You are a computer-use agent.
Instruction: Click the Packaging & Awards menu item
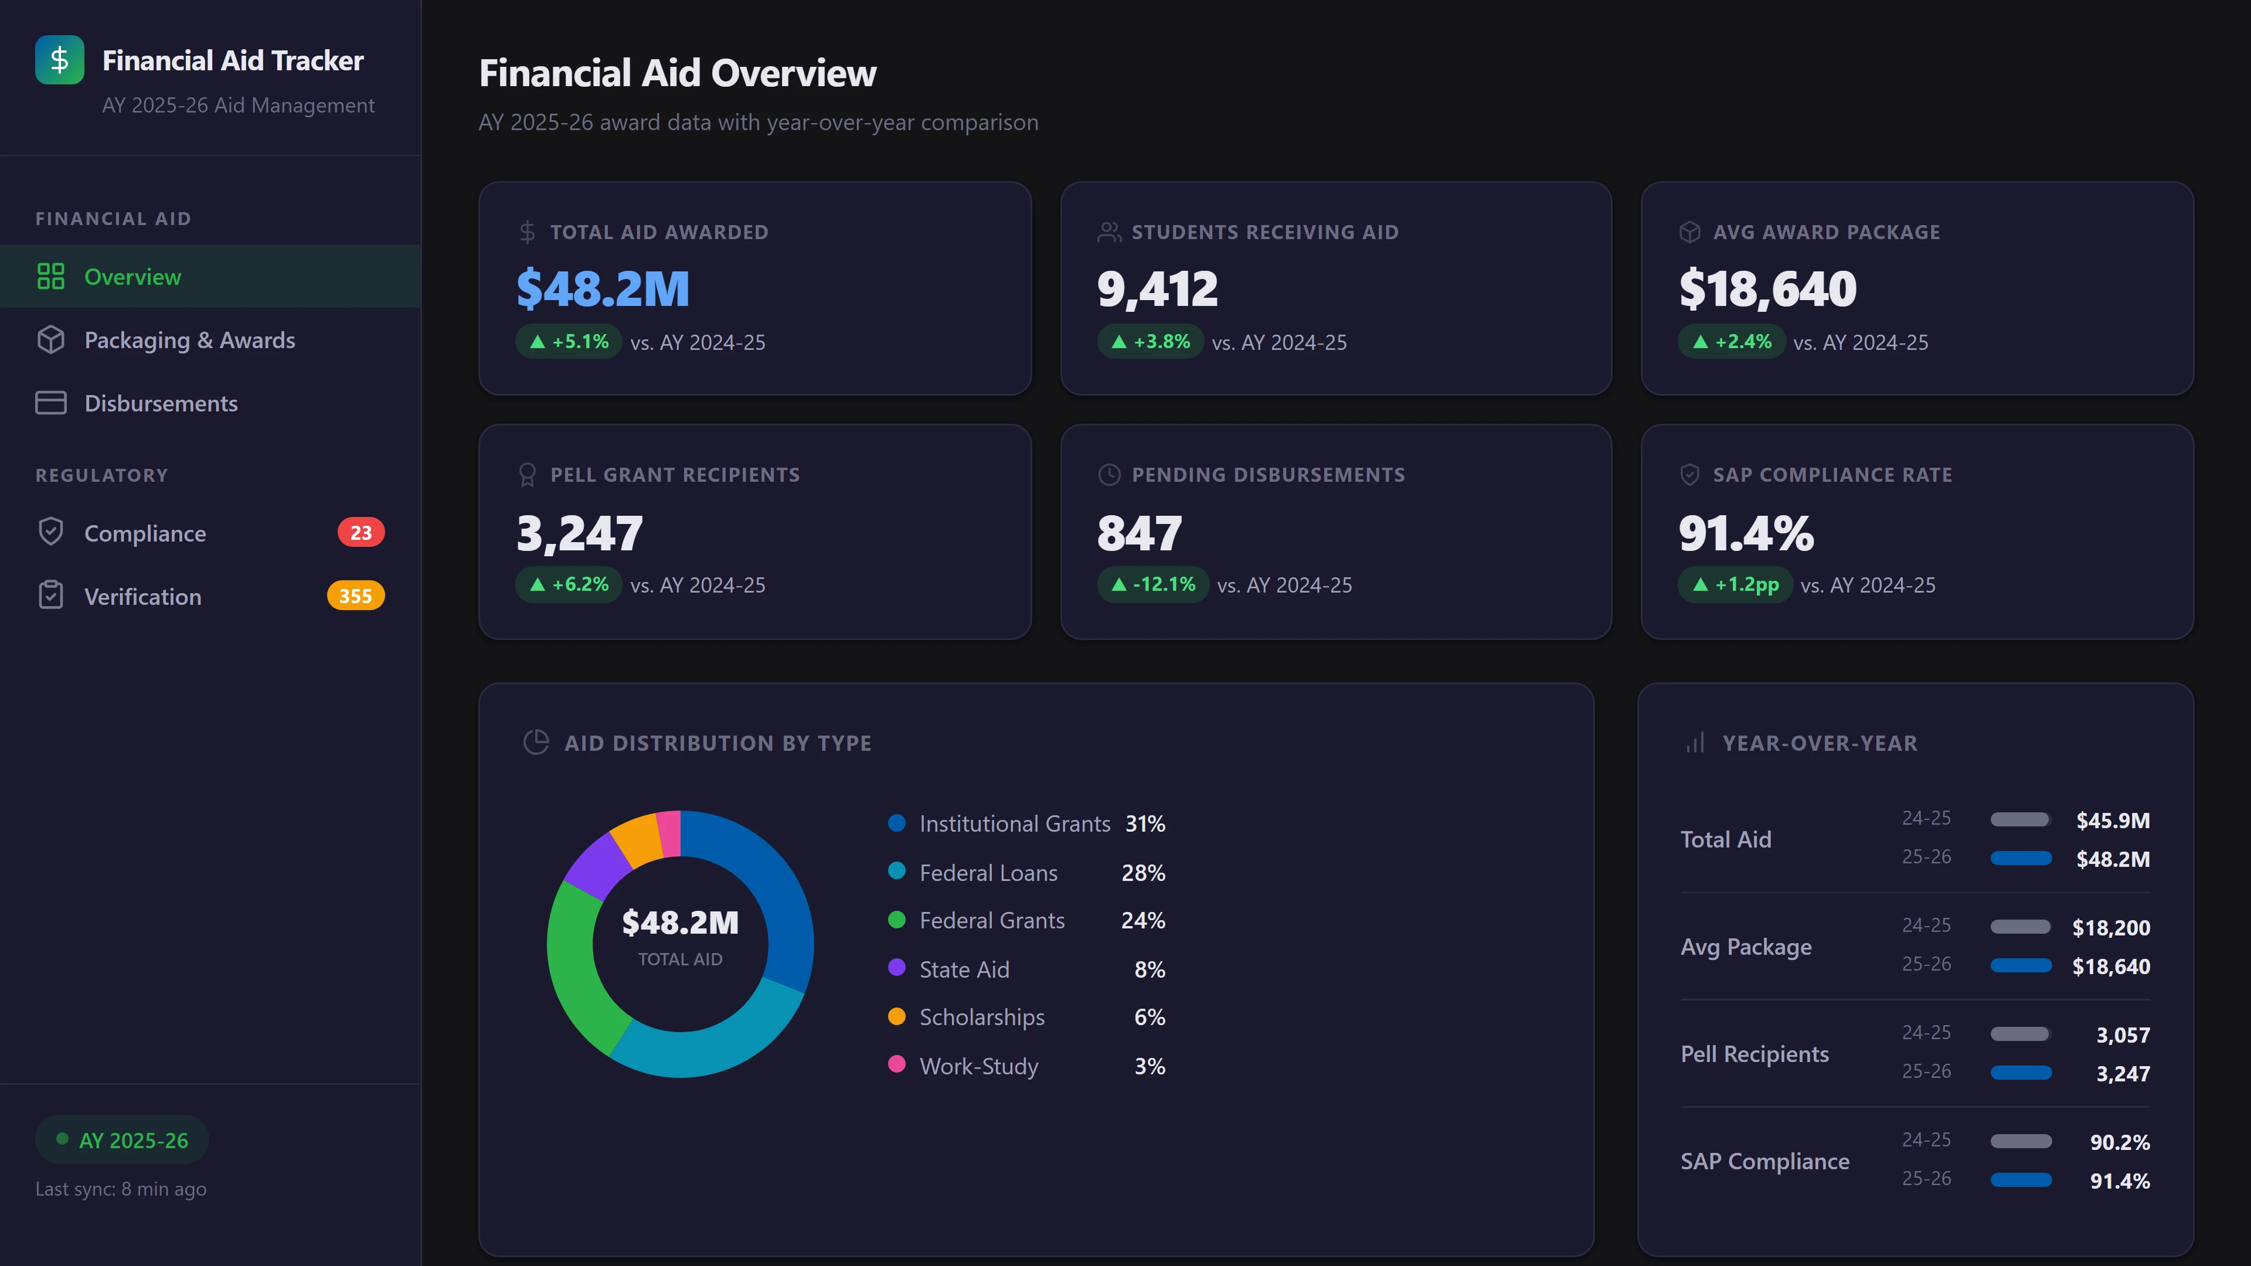pyautogui.click(x=189, y=340)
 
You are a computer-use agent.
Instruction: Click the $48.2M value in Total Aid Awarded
pyautogui.click(x=603, y=289)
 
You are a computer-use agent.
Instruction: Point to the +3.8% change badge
pyautogui.click(x=1150, y=342)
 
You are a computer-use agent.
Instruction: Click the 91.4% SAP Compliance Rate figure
pyautogui.click(x=1746, y=533)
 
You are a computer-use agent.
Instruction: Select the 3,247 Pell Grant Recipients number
pyautogui.click(x=579, y=533)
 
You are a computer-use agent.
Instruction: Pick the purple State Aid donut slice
pyautogui.click(x=597, y=865)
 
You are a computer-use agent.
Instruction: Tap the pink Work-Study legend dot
pyautogui.click(x=896, y=1064)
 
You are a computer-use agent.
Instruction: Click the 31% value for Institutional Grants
pyautogui.click(x=1145, y=824)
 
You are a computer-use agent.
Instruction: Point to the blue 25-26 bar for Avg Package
pyautogui.click(x=2020, y=965)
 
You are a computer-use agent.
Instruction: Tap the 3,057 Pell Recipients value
pyautogui.click(x=2123, y=1035)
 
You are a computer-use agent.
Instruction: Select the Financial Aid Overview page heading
pyautogui.click(x=677, y=73)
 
